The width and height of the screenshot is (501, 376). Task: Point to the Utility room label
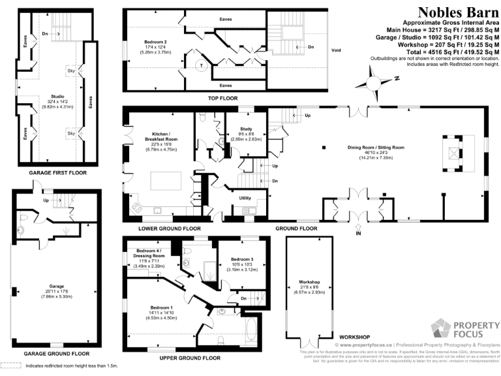[245, 197]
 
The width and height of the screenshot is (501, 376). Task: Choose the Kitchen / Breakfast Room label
[161, 143]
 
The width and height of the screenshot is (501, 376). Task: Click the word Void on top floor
[337, 50]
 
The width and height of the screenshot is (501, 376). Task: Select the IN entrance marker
[358, 233]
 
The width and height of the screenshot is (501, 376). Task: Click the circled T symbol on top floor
[202, 65]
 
